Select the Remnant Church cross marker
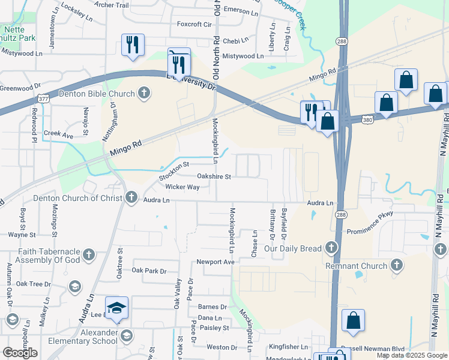pyautogui.click(x=396, y=265)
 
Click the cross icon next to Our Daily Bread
pyautogui.click(x=330, y=247)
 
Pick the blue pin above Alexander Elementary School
pyautogui.click(x=117, y=308)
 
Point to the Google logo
pyautogui.click(x=20, y=353)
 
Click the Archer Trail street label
pyautogui.click(x=112, y=5)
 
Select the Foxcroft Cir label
pyautogui.click(x=195, y=25)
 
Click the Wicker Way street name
pyautogui.click(x=182, y=187)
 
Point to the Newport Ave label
pyautogui.click(x=215, y=262)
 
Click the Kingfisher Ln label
pyautogui.click(x=288, y=347)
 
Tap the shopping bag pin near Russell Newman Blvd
pyautogui.click(x=354, y=322)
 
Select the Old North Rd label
pyautogui.click(x=216, y=57)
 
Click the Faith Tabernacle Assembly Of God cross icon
pyautogui.click(x=89, y=255)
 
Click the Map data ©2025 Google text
pyautogui.click(x=412, y=355)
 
